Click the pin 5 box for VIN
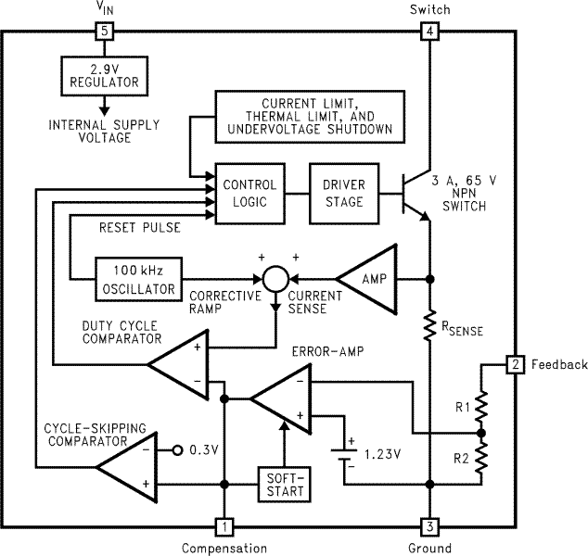click(104, 32)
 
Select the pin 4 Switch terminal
click(429, 32)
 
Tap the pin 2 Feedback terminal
click(514, 364)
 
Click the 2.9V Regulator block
click(103, 75)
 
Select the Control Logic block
click(249, 193)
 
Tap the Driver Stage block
click(344, 193)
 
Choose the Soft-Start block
click(284, 482)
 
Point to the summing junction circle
click(275, 278)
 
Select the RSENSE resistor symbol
click(429, 326)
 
